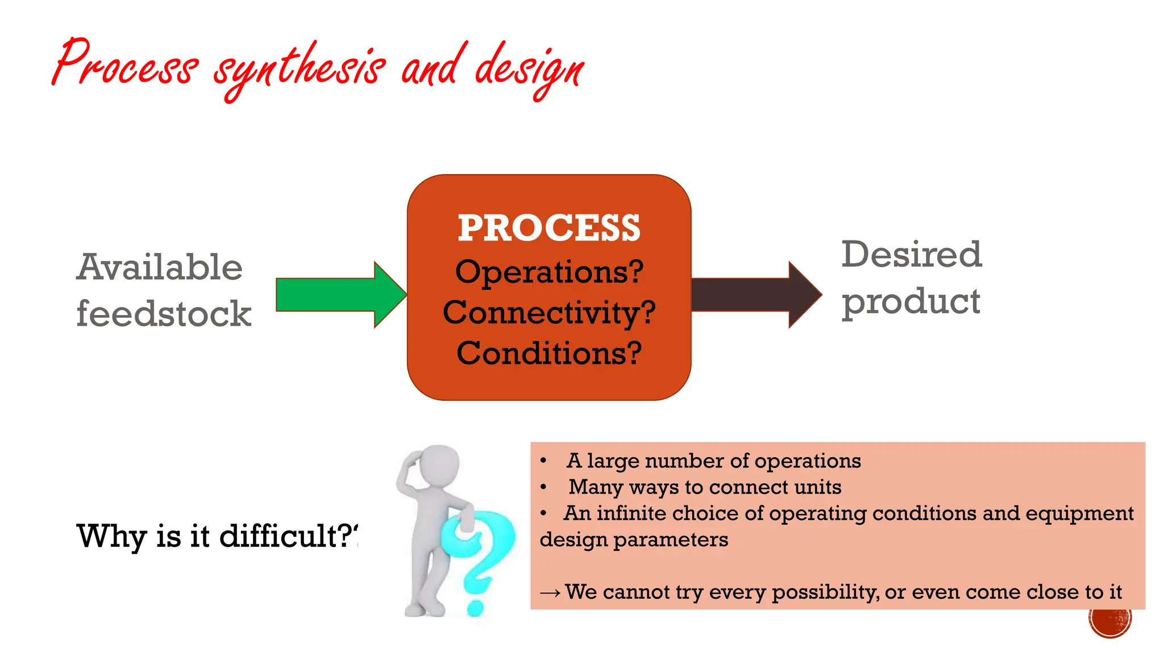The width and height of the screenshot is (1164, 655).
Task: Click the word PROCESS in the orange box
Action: [548, 228]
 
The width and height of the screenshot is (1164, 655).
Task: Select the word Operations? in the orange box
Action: [549, 272]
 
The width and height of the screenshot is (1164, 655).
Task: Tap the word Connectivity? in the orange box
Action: [549, 313]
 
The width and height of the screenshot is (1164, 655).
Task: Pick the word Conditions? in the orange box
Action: [549, 353]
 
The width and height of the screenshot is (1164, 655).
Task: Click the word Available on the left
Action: [160, 267]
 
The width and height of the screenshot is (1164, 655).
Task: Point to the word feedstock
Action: [164, 314]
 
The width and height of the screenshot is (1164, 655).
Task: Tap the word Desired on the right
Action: [911, 254]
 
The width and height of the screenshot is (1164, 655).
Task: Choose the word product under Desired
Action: [911, 301]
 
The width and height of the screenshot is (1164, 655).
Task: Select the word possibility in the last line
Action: [825, 592]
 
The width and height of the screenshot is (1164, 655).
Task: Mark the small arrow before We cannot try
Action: [550, 593]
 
